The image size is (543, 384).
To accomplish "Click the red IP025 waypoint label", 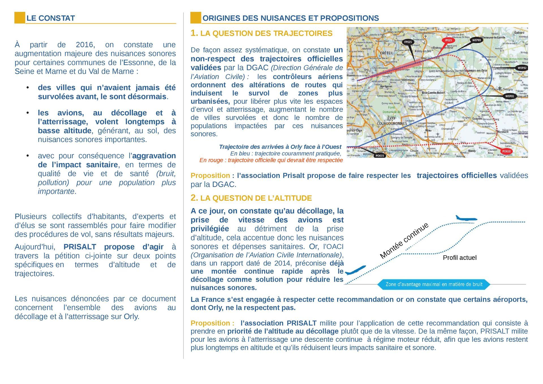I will [x=449, y=40].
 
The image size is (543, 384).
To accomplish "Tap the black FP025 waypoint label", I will [x=408, y=42].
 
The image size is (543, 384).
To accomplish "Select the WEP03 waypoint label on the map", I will [x=476, y=40].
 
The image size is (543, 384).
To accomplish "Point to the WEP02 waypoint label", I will [x=522, y=68].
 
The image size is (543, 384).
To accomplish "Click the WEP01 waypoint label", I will [x=509, y=96].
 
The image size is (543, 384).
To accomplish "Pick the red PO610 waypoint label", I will [x=506, y=151].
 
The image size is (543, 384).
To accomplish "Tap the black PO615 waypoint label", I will [x=380, y=156].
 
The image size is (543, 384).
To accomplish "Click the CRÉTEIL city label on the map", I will [x=386, y=53].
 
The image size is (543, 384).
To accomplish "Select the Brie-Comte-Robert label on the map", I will [x=433, y=93].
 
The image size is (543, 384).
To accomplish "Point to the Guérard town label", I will [x=519, y=33].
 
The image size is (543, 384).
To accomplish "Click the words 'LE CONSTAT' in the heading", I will [x=51, y=18].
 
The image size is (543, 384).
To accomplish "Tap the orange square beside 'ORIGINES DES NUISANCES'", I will [x=196, y=18].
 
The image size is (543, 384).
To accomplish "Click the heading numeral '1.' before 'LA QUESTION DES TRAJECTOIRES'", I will [x=194, y=33].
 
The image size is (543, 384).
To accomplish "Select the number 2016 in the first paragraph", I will [x=85, y=45].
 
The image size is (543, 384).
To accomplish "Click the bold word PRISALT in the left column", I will [x=80, y=247].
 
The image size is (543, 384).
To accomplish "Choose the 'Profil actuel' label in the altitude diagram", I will [x=460, y=258].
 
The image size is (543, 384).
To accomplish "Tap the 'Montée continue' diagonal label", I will [x=404, y=241].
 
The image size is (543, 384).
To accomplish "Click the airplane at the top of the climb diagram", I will [x=466, y=218].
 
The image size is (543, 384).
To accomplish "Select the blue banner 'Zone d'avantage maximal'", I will [x=434, y=284].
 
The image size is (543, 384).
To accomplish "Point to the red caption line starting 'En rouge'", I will [x=271, y=160].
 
